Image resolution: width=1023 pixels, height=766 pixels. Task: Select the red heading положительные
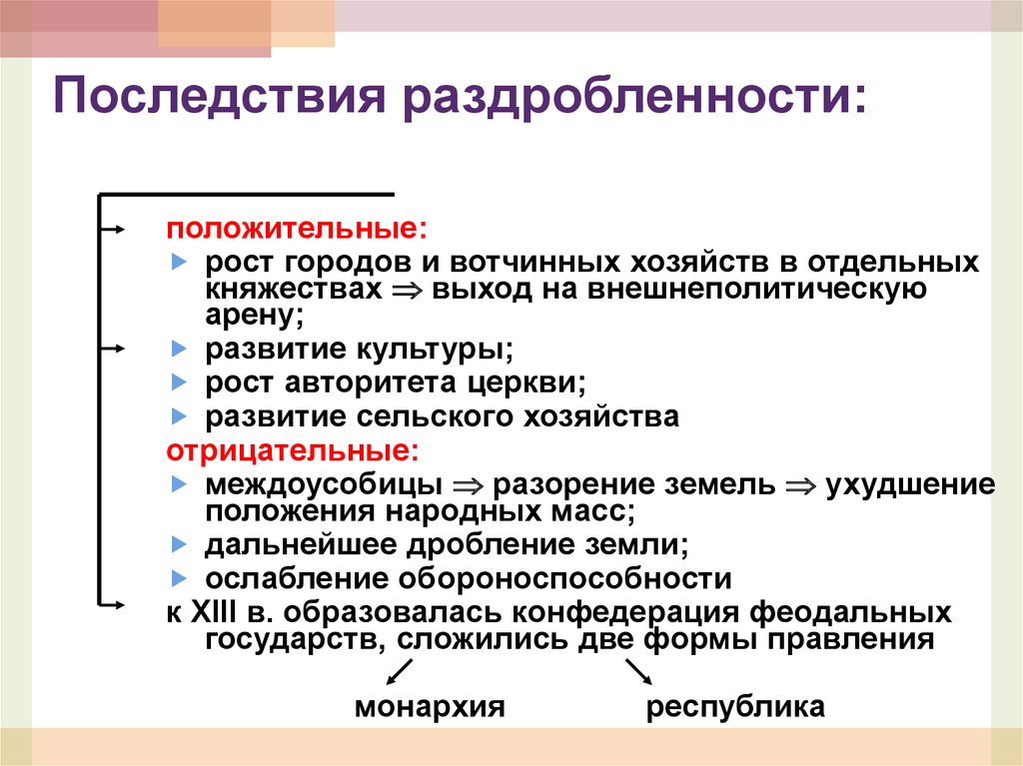(x=296, y=230)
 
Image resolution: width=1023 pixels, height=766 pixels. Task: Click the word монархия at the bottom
(x=430, y=707)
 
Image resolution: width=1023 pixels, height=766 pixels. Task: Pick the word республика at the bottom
(x=735, y=707)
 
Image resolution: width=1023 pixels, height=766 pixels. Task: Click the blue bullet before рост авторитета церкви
(x=178, y=383)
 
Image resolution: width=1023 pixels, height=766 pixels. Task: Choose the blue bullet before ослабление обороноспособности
(x=178, y=577)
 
